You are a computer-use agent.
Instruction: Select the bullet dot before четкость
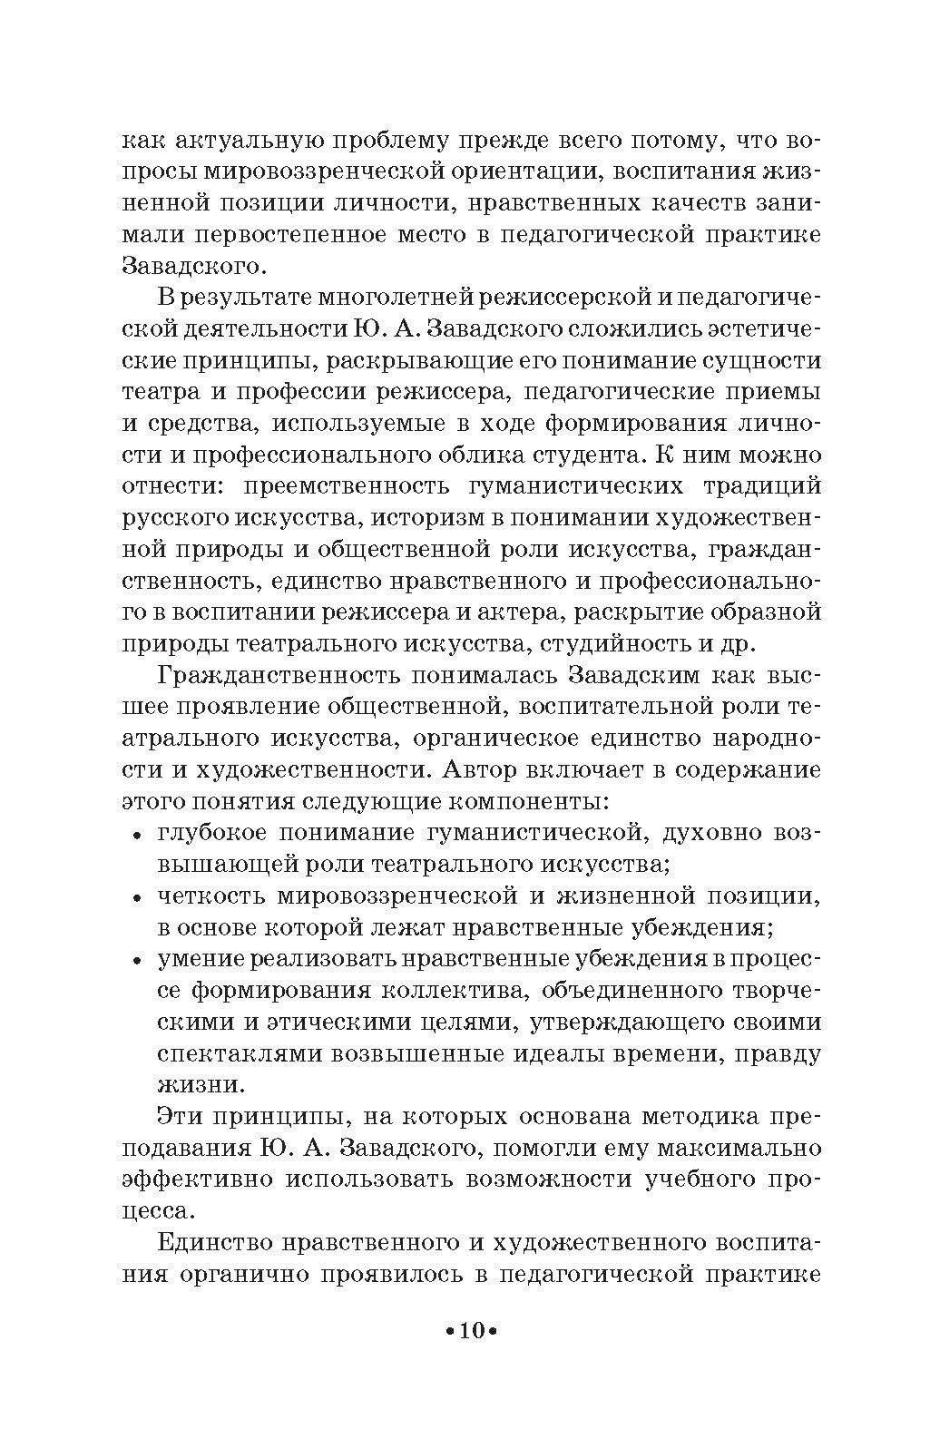pyautogui.click(x=137, y=898)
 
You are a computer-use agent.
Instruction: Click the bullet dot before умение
pyautogui.click(x=137, y=961)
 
